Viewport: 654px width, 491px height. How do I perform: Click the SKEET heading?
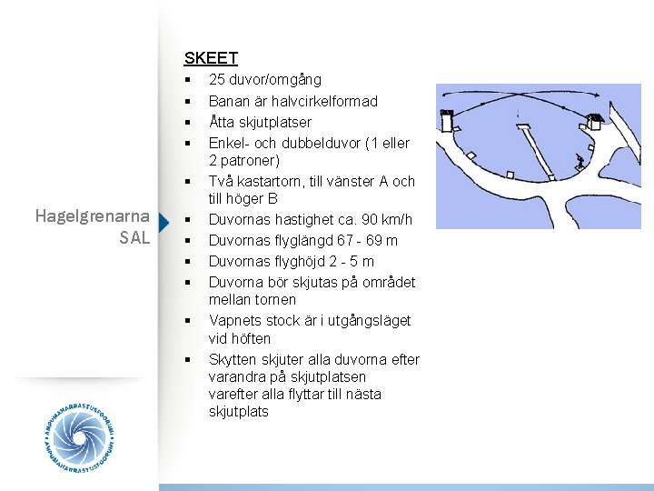tap(211, 58)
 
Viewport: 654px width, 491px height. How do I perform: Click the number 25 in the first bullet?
tap(217, 80)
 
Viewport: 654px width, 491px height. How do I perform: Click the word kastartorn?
tap(275, 181)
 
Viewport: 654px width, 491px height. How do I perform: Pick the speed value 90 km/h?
tap(386, 219)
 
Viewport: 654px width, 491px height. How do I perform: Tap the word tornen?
tap(276, 299)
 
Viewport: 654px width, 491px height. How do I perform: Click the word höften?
tap(252, 338)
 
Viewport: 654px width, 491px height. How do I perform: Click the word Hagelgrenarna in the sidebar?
tap(92, 215)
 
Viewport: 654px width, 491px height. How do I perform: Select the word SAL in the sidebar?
tap(134, 238)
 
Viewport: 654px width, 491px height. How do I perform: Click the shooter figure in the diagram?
tap(580, 162)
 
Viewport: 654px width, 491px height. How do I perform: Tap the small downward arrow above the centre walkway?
tap(518, 113)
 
